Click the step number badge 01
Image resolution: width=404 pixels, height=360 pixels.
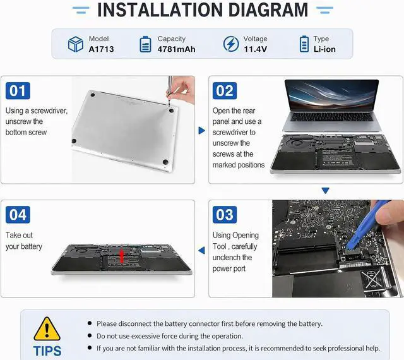(18, 91)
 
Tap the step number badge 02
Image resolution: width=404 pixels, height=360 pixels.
(225, 91)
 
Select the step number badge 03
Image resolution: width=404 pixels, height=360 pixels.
(225, 215)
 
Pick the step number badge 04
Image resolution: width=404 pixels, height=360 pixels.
(18, 215)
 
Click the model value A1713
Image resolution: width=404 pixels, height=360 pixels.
(101, 49)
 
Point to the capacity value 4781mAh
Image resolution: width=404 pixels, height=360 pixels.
(177, 49)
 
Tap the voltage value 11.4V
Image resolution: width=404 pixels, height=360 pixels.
(255, 49)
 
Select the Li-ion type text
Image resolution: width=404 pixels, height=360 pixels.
(324, 49)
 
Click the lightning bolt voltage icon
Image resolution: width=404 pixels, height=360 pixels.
(231, 44)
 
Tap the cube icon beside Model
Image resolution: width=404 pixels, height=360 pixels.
(76, 44)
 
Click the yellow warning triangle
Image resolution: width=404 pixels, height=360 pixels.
(47, 329)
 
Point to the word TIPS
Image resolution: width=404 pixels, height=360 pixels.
(47, 351)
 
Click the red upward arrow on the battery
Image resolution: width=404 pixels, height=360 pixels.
(122, 256)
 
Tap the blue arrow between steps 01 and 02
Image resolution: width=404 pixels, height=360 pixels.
(202, 131)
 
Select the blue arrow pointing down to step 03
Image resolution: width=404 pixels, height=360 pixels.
(326, 191)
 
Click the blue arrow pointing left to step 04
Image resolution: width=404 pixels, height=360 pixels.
(202, 250)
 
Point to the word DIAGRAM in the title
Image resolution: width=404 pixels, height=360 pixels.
(268, 10)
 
